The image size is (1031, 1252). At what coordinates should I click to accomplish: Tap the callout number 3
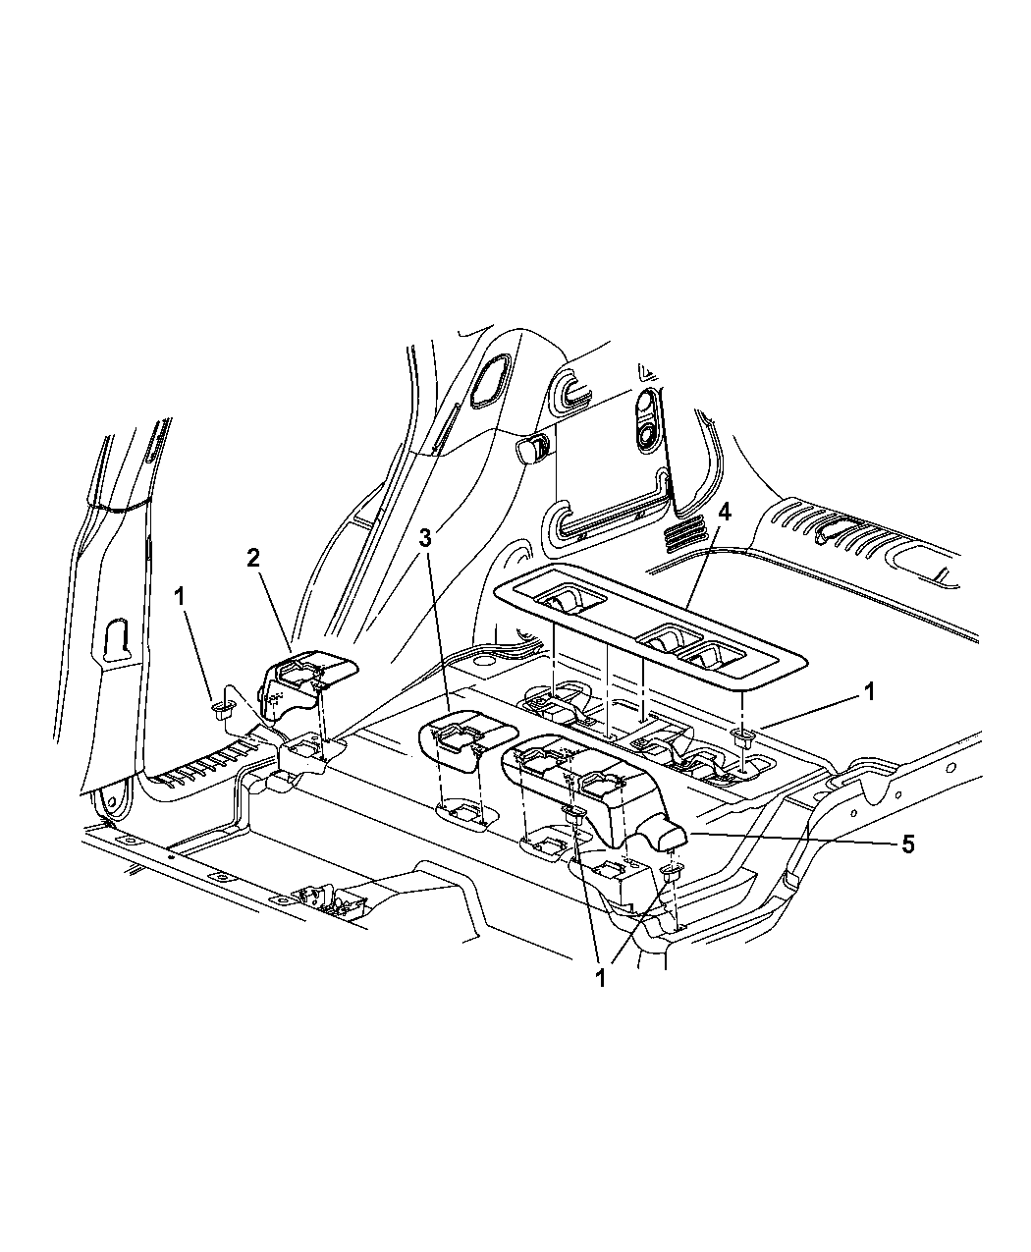point(425,537)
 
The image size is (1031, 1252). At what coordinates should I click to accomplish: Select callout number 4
point(724,512)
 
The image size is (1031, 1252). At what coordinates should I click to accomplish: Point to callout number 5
point(907,844)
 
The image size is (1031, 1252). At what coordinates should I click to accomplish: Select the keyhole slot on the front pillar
point(116,639)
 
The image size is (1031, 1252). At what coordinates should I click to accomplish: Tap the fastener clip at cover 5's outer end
point(673,874)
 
